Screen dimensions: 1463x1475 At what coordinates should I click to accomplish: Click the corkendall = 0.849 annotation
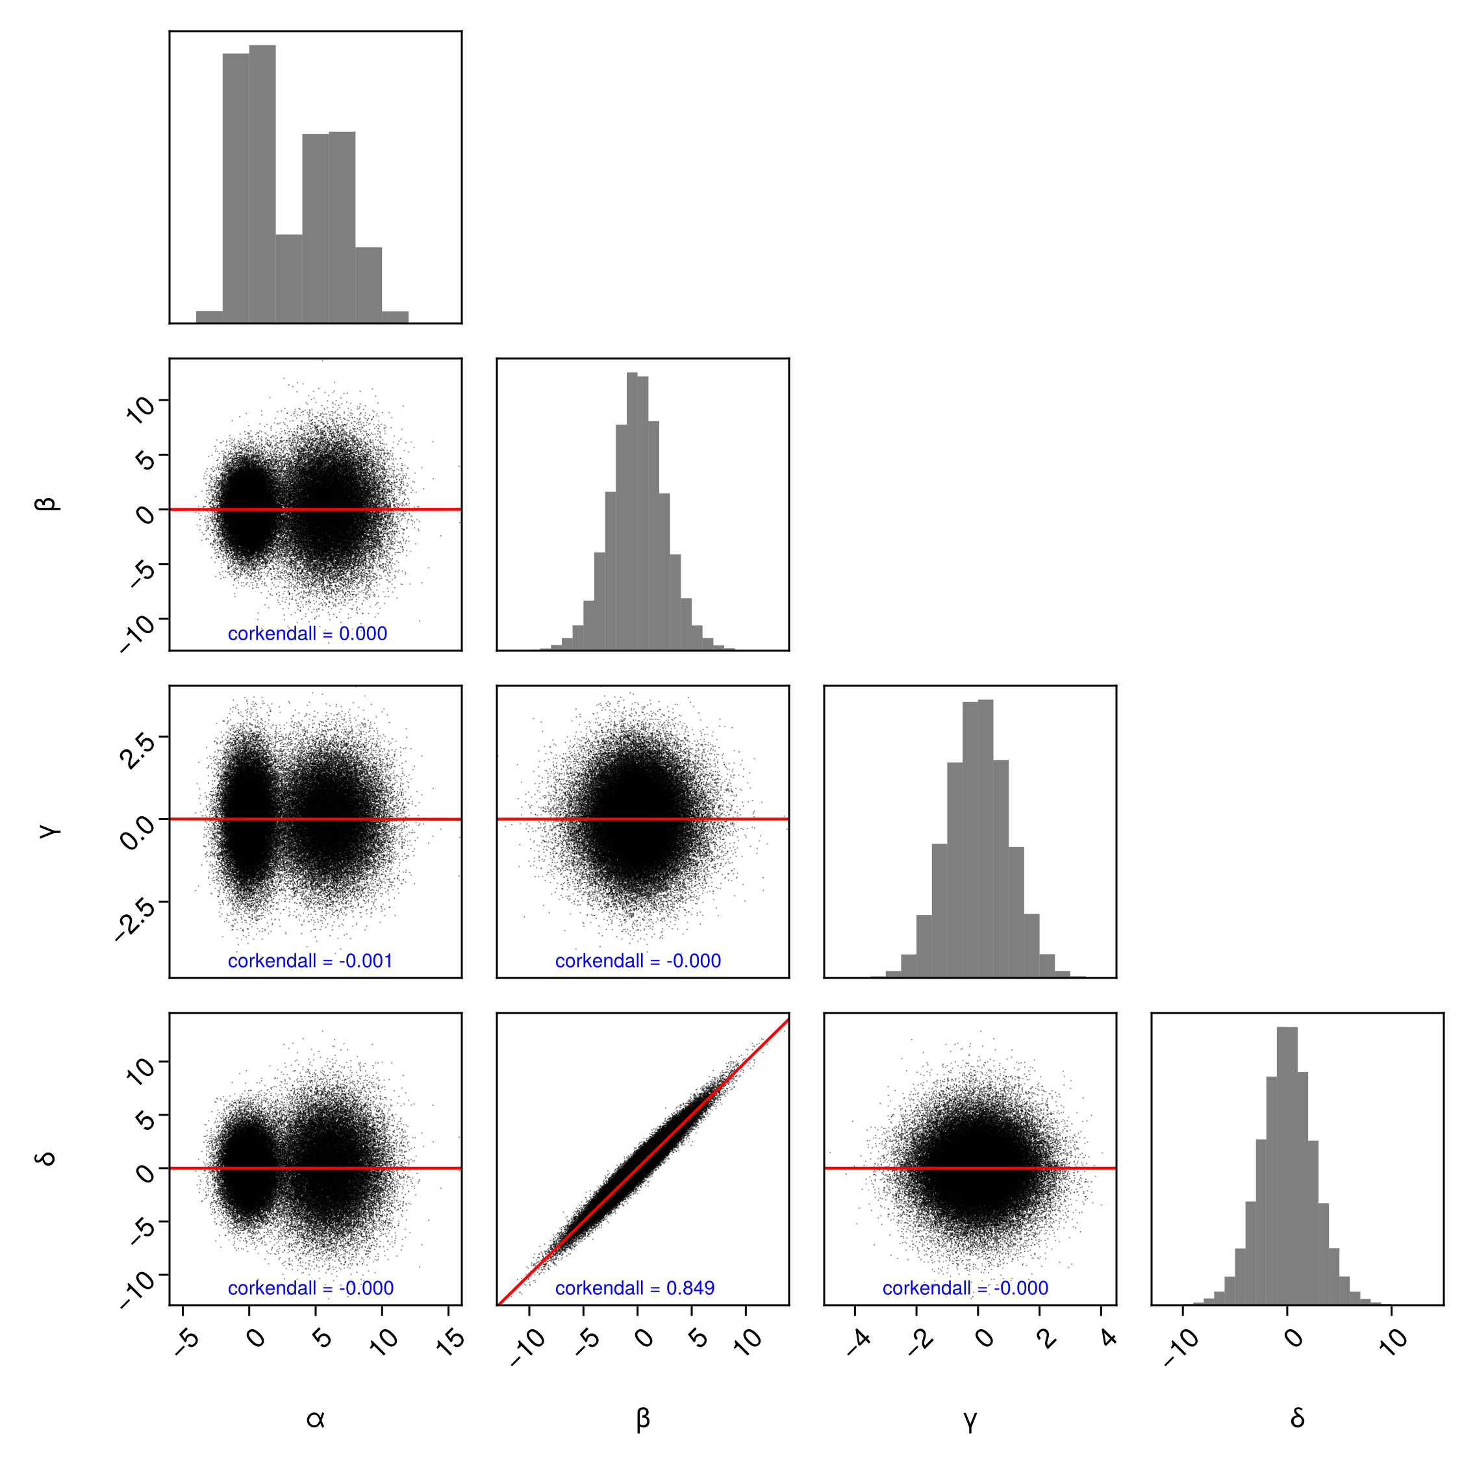(635, 1288)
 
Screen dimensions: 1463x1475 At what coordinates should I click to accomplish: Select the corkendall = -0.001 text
(310, 961)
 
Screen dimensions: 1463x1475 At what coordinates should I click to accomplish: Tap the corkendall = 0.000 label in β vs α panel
(307, 633)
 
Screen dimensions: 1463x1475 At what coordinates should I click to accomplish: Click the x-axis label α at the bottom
(315, 1419)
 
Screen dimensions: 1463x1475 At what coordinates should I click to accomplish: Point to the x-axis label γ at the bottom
(970, 1419)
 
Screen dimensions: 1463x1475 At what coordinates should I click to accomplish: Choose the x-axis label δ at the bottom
(1297, 1418)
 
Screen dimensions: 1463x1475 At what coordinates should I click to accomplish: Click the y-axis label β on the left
(47, 504)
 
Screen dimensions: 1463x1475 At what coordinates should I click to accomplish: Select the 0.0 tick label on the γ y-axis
(138, 832)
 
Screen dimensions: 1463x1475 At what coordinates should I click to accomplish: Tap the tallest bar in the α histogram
(262, 183)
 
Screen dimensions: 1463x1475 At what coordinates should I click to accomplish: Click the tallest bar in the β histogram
(632, 511)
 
